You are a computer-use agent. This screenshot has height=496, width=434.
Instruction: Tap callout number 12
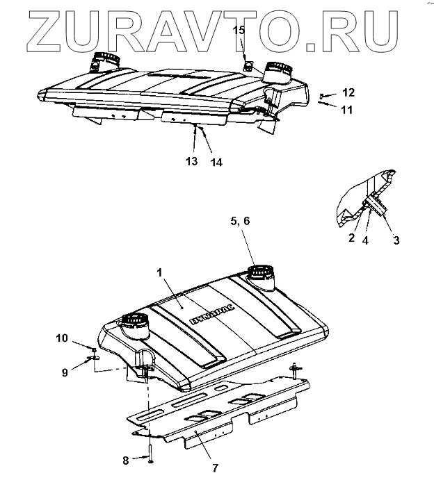coord(348,92)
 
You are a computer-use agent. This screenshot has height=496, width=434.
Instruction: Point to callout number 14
coord(217,162)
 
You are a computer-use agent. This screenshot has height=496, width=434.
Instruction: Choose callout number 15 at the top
coord(239,30)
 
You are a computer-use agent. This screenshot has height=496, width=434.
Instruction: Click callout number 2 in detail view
coord(352,237)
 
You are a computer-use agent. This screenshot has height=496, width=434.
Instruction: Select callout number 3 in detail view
coord(397,241)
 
